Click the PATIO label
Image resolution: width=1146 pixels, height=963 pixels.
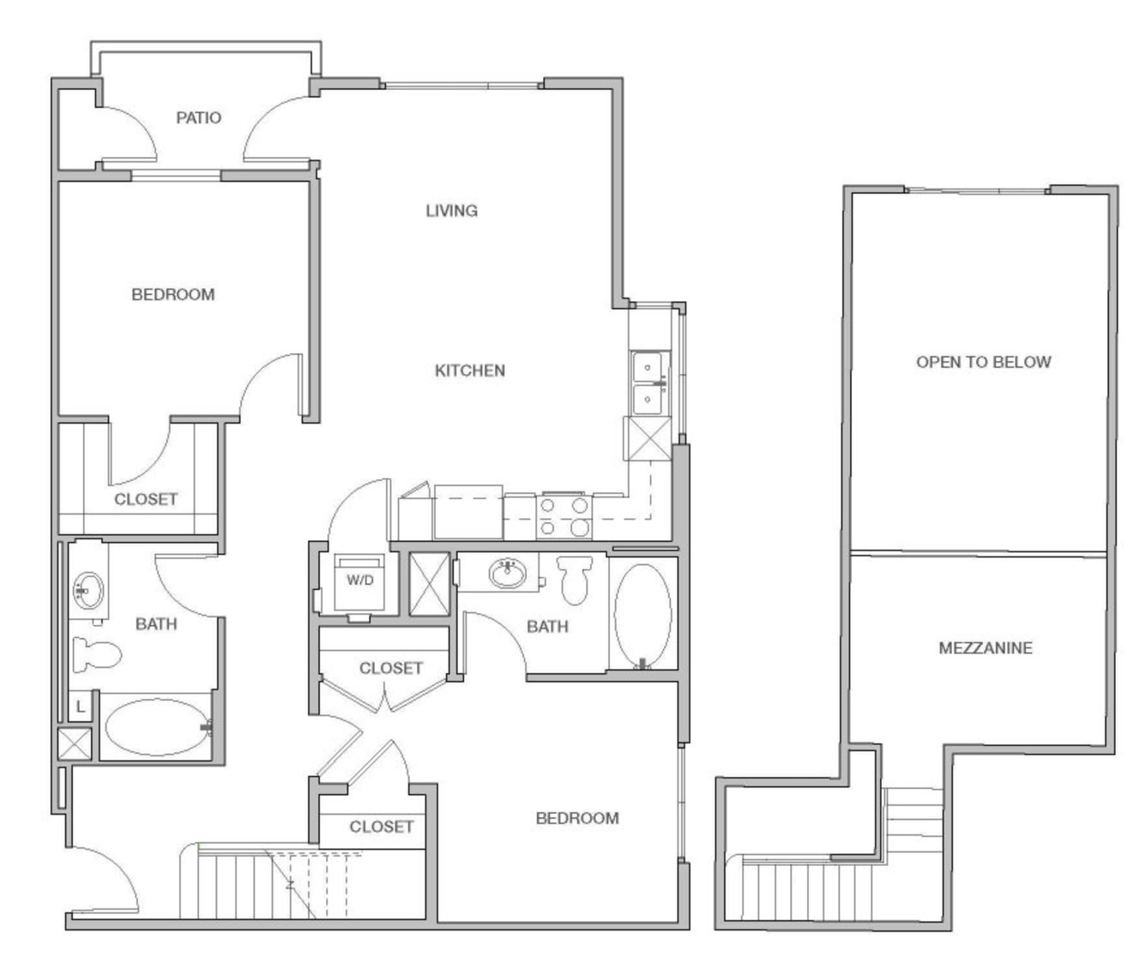198,117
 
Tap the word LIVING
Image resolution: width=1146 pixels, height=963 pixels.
451,210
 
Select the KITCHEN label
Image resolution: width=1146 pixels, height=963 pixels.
469,370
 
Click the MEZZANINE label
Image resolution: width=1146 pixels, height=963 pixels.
985,647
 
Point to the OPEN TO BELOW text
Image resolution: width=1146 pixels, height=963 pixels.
983,362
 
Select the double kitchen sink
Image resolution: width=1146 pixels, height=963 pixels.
648,382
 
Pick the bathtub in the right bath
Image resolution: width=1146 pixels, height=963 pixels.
643,613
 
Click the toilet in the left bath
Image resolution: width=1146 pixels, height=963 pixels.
95,655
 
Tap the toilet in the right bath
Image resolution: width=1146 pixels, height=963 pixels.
575,579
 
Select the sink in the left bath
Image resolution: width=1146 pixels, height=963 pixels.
87,591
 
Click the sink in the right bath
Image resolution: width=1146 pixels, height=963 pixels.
509,573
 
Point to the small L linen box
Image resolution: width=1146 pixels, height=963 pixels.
80,707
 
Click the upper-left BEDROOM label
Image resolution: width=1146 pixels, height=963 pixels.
172,294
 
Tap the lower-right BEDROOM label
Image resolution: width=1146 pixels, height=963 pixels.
576,818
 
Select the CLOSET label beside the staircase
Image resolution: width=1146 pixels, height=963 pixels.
381,827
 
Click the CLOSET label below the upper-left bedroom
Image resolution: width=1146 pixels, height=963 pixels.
146,498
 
